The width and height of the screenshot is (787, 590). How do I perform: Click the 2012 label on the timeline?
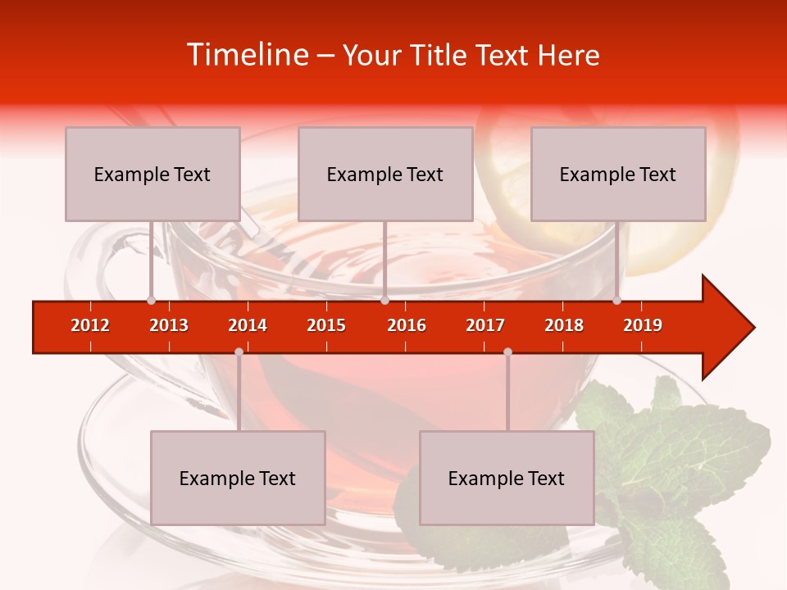(x=90, y=325)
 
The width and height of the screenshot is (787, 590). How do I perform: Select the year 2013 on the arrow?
(x=169, y=325)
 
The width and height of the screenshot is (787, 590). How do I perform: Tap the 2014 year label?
(x=248, y=325)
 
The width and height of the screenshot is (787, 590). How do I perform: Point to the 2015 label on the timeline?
(x=326, y=325)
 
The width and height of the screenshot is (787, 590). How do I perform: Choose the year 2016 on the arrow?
(x=407, y=325)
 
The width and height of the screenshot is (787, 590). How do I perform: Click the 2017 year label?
(x=485, y=325)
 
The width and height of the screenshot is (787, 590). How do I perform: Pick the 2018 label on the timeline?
(x=564, y=325)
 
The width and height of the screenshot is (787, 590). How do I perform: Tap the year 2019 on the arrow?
(x=643, y=325)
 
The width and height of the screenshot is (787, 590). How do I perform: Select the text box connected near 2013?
(x=152, y=174)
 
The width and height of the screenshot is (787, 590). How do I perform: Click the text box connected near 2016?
(x=385, y=174)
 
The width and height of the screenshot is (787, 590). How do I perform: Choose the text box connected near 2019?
(x=618, y=174)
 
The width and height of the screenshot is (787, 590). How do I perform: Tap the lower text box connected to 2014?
(x=238, y=478)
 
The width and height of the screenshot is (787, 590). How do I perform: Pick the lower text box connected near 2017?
(x=507, y=478)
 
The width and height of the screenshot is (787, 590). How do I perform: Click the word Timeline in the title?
(x=247, y=55)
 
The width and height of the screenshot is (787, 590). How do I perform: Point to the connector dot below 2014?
(x=239, y=352)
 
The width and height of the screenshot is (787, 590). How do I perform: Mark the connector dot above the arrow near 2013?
(x=151, y=300)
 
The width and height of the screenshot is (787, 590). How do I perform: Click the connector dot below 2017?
(x=507, y=352)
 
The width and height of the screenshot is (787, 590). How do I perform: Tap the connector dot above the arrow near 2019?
(x=616, y=300)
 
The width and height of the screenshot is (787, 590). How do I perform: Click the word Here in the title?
(x=568, y=55)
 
